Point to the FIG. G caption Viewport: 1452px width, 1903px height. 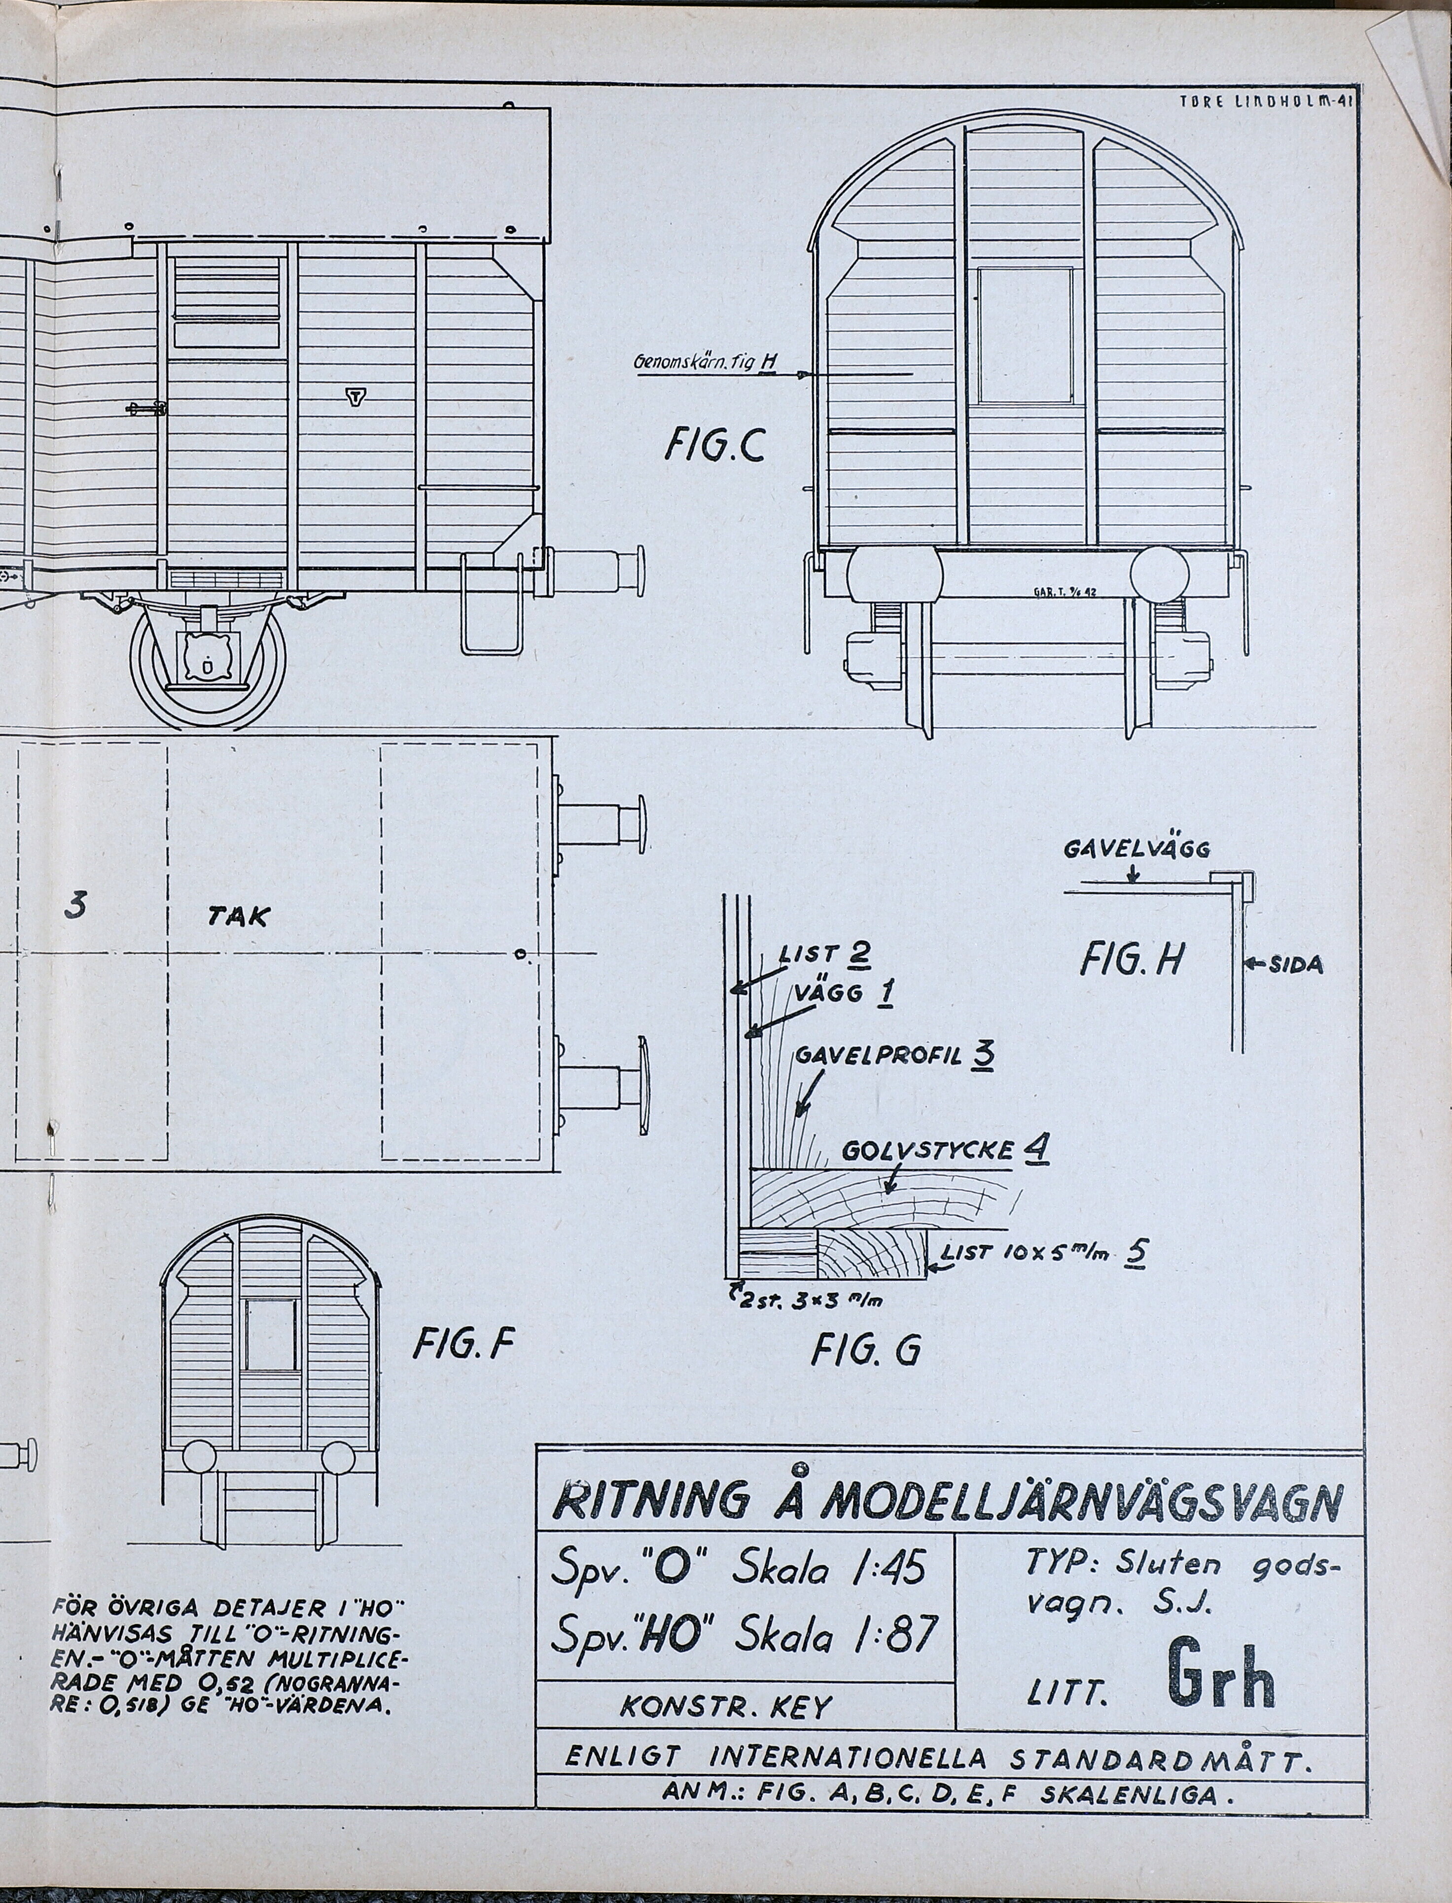tap(866, 1350)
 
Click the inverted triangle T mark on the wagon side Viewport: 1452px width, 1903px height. tap(355, 397)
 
